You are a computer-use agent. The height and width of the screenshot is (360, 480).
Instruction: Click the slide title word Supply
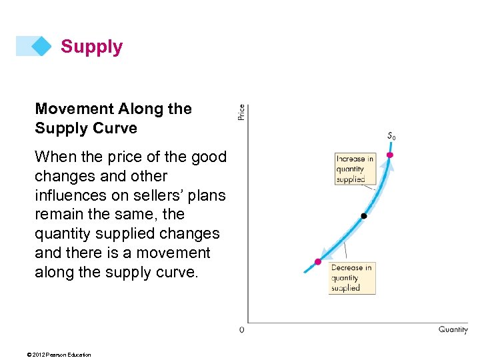91,47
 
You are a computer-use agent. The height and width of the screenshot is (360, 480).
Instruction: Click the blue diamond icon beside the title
41,46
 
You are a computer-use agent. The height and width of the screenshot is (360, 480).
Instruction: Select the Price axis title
241,112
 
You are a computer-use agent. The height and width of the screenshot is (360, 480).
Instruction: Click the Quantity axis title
453,329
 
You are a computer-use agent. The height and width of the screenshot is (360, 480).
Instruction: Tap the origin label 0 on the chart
242,330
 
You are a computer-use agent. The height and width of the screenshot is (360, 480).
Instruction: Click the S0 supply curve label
391,136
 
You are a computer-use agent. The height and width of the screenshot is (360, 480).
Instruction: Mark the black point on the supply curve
363,216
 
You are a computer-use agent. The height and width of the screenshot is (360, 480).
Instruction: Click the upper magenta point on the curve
390,155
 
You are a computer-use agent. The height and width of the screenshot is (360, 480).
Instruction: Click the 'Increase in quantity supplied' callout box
355,169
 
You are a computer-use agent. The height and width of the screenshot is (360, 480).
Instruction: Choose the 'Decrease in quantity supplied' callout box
352,278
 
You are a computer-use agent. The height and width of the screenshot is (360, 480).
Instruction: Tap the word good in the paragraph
209,157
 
